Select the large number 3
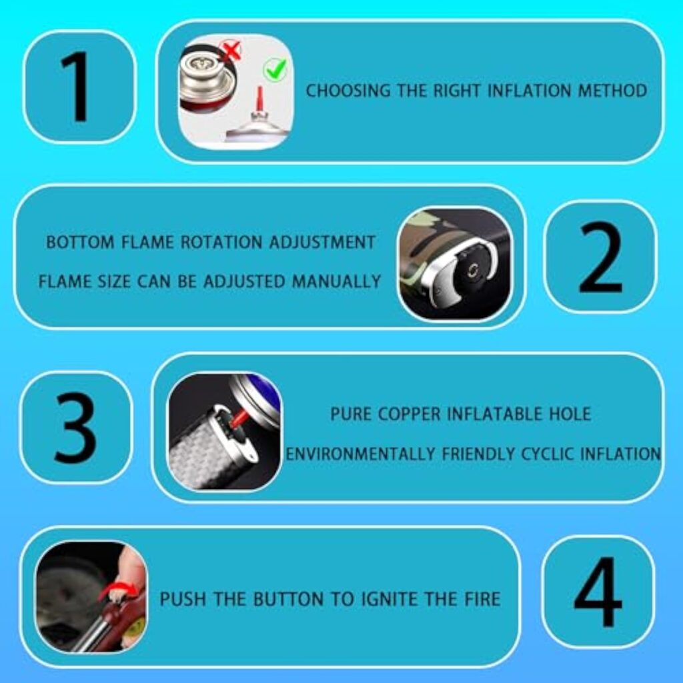(75, 428)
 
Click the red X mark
(231, 50)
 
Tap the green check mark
(275, 69)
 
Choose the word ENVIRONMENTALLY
(360, 454)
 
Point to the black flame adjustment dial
(471, 271)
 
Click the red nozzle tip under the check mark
(259, 98)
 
